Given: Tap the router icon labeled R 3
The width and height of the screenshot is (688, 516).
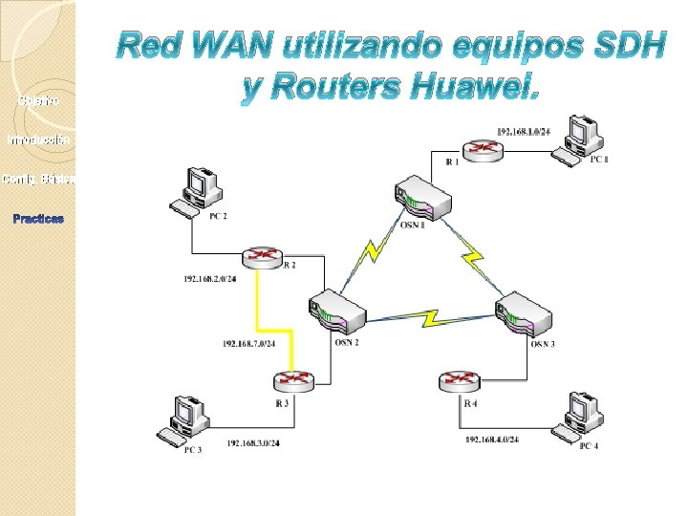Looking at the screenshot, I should [292, 379].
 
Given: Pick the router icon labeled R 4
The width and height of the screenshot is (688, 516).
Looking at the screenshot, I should [460, 382].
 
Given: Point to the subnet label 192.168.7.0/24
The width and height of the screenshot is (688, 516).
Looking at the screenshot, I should [249, 343].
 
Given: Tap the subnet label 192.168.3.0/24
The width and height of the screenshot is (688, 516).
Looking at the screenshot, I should [253, 444].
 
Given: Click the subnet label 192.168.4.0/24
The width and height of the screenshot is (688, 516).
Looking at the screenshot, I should [492, 440].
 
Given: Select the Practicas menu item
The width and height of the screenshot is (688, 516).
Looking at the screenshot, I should [38, 219].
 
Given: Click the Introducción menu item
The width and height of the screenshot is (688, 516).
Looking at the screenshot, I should [37, 140].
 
